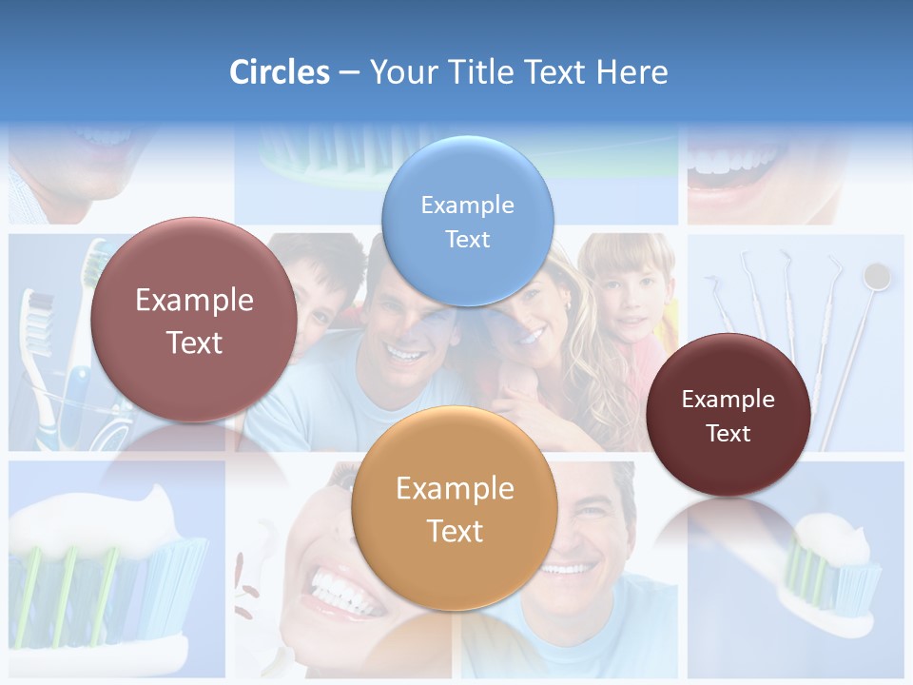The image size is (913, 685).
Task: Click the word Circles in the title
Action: click(x=279, y=72)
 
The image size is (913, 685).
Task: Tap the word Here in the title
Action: click(x=631, y=72)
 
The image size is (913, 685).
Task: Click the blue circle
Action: click(x=467, y=221)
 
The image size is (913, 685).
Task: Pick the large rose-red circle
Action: click(x=194, y=321)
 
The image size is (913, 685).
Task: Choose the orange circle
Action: click(x=455, y=509)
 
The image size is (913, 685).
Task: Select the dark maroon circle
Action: click(x=728, y=415)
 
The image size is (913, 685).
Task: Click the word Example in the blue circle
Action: click(x=467, y=205)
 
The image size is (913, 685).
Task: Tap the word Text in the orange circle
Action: click(x=455, y=531)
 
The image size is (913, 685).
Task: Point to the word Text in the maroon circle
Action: click(x=728, y=433)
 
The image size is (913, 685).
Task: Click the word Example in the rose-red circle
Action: click(x=194, y=301)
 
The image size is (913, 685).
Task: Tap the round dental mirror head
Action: click(x=876, y=277)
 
